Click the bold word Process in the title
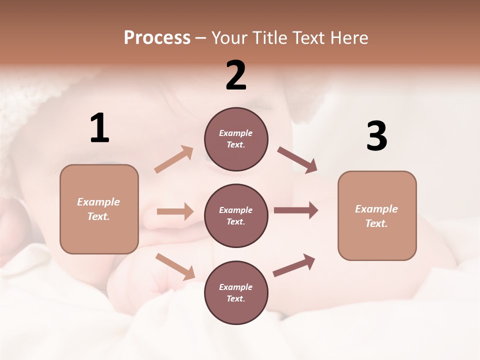tap(157, 37)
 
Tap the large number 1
tap(99, 128)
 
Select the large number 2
tap(236, 75)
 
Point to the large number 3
tap(376, 136)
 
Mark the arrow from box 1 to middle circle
tap(175, 211)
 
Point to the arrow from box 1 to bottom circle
tap(175, 266)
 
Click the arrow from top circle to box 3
tap(297, 160)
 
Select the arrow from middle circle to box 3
tap(296, 210)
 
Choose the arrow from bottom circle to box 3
tap(294, 265)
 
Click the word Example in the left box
tap(98, 202)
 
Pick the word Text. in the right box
tap(376, 223)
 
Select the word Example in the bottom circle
tap(236, 287)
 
